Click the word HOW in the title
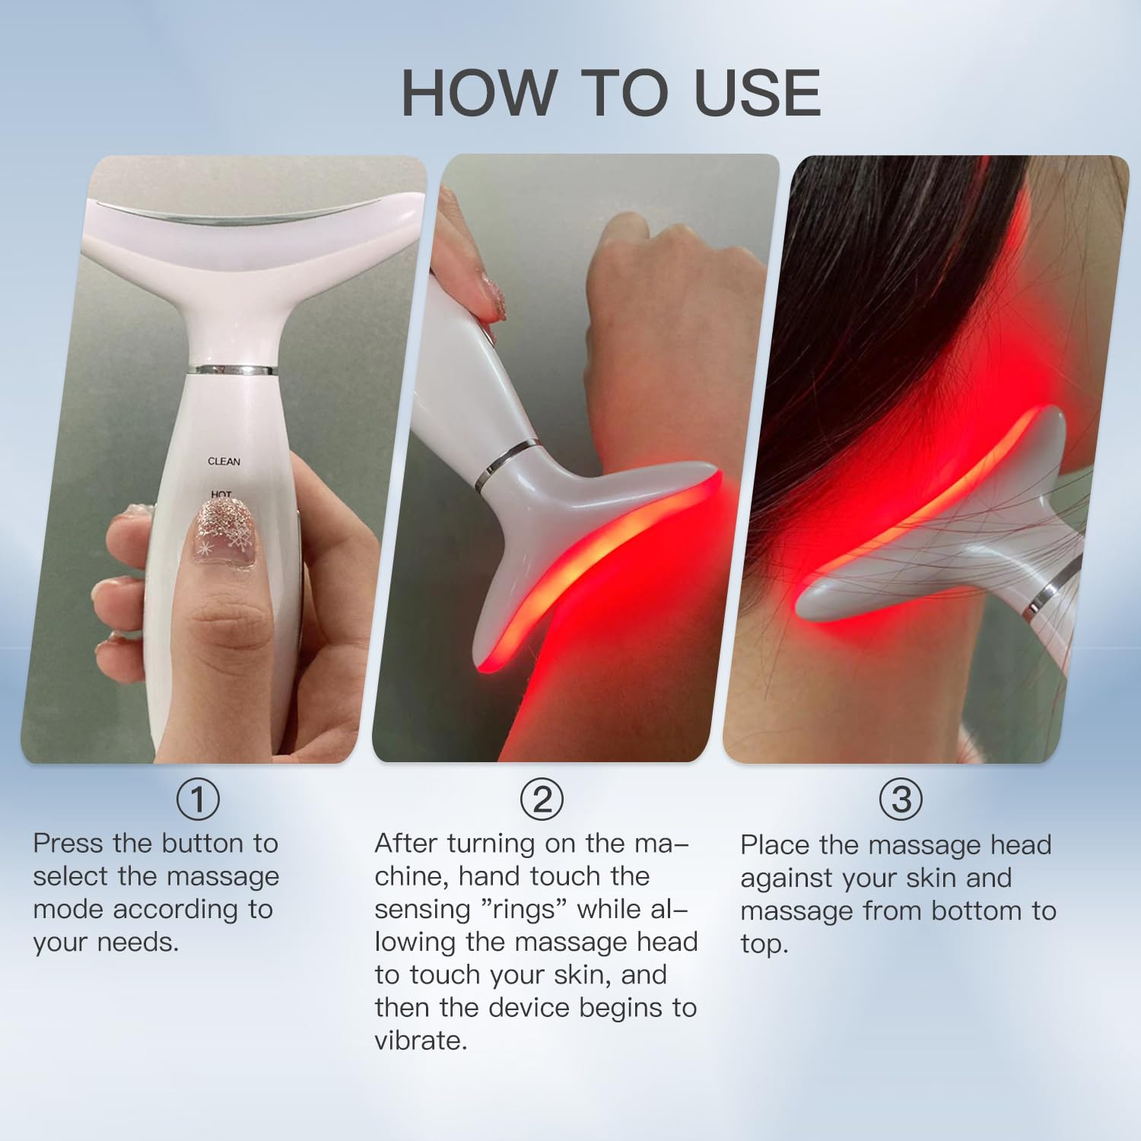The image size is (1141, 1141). pos(478,93)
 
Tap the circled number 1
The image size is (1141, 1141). pos(198,799)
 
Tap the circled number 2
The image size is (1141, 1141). pos(542,799)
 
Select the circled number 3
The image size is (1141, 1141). pos(901,799)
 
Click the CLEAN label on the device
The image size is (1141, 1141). pos(224,462)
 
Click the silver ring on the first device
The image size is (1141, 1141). pos(232,370)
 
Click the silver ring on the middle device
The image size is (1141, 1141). pos(504,465)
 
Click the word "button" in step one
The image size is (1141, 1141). pos(203,844)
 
